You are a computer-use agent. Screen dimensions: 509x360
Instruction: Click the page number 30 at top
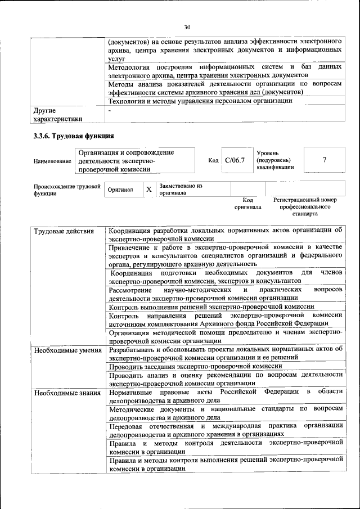[187, 26]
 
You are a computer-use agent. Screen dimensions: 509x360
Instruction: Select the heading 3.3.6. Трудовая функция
[74, 136]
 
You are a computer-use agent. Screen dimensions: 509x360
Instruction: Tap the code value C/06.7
[235, 160]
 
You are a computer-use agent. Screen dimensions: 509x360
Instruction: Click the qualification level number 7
[325, 160]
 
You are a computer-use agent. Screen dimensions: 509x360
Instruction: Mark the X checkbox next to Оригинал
[149, 190]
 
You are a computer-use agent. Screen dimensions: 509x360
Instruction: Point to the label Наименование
[52, 161]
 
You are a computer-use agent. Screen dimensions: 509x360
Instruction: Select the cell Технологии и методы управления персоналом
[200, 101]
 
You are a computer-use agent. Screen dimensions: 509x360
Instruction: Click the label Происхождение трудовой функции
[66, 190]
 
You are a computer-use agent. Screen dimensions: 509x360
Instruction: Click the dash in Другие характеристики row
[110, 111]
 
